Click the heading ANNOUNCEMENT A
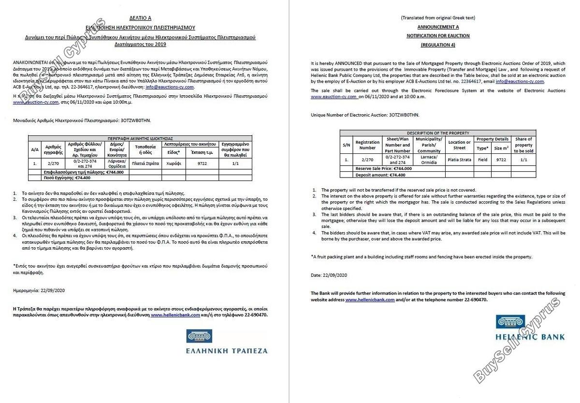coord(438,27)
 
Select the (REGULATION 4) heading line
coord(438,45)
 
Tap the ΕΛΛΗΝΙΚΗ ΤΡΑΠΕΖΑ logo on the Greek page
coord(227,342)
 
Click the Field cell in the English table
coord(482,159)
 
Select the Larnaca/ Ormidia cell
coord(429,159)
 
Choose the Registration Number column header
coord(367,145)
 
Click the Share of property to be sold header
coord(523,145)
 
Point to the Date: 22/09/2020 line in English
coord(329,275)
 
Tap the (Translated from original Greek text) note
coord(438,18)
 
